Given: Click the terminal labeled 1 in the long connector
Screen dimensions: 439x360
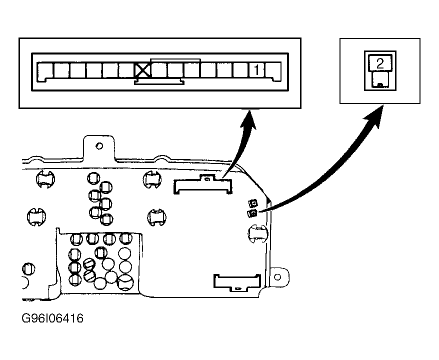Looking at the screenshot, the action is coord(256,70).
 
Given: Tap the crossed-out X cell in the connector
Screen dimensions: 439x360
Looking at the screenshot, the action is coord(143,70).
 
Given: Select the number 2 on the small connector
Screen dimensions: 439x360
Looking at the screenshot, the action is coord(380,63).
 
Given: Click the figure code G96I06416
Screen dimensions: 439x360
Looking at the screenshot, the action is coord(52,318).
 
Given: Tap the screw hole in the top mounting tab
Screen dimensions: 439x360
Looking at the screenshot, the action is coord(99,146).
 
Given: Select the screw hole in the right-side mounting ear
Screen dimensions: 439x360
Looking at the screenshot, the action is coord(277,277).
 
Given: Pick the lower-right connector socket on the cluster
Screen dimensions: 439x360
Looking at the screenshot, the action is coord(237,282).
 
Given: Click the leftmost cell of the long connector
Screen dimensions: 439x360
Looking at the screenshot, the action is coord(45,71).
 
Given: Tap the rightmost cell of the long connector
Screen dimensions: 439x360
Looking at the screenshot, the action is coord(273,71).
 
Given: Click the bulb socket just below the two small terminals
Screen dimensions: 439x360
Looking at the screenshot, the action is coord(257,233).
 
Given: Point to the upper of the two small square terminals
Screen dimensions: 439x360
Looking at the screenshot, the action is coord(253,203).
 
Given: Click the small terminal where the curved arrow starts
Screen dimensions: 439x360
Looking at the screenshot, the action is coord(252,213).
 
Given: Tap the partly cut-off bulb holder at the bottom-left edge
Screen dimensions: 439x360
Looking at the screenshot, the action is coord(24,282).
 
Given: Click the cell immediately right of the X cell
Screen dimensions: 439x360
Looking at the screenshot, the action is coord(159,70).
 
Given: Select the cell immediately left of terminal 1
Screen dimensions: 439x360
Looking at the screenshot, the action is coord(240,70).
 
